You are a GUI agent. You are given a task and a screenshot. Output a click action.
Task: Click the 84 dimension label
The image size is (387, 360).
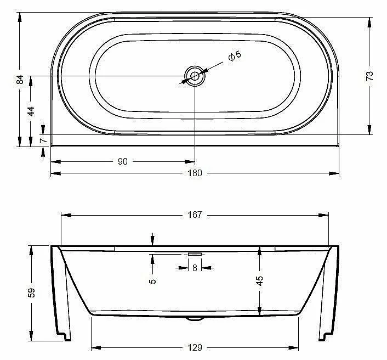pyautogui.click(x=20, y=80)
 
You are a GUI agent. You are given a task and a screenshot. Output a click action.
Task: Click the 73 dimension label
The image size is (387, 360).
pyautogui.click(x=369, y=76)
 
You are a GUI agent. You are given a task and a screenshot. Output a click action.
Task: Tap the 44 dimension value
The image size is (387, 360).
pyautogui.click(x=31, y=111)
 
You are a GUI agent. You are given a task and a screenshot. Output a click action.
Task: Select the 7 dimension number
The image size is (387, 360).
pyautogui.click(x=43, y=140)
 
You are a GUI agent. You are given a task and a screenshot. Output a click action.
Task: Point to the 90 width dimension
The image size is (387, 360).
pyautogui.click(x=123, y=161)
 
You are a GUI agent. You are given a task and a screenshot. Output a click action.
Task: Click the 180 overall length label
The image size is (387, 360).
pyautogui.click(x=195, y=173)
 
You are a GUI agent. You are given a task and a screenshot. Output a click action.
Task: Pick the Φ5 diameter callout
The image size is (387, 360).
pyautogui.click(x=235, y=56)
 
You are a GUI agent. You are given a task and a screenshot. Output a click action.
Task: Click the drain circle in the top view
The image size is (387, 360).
pyautogui.click(x=195, y=76)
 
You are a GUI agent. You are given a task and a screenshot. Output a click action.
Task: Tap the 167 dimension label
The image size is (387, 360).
pyautogui.click(x=195, y=215)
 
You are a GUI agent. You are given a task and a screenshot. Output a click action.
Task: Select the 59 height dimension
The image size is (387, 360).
pyautogui.click(x=32, y=292)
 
